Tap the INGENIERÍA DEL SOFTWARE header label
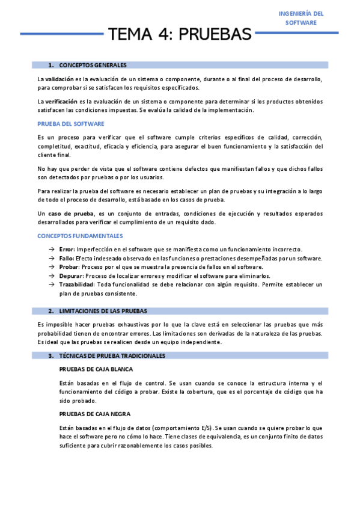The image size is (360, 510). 302,18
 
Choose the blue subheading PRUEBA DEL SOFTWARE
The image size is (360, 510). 71,124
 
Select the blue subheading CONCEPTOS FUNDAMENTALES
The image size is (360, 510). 80,236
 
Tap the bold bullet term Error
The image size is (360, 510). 67,249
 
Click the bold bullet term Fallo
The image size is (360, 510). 67,258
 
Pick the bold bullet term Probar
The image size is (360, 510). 69,267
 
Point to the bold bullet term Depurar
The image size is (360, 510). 71,275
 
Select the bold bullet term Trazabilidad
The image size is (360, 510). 77,284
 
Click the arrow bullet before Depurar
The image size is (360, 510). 52,275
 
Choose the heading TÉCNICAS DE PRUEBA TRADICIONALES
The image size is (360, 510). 112,356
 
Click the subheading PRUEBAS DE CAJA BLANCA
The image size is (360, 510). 96,369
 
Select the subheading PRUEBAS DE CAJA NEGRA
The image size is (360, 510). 95,414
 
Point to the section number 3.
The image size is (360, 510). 51,356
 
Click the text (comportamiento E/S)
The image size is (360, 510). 177,428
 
